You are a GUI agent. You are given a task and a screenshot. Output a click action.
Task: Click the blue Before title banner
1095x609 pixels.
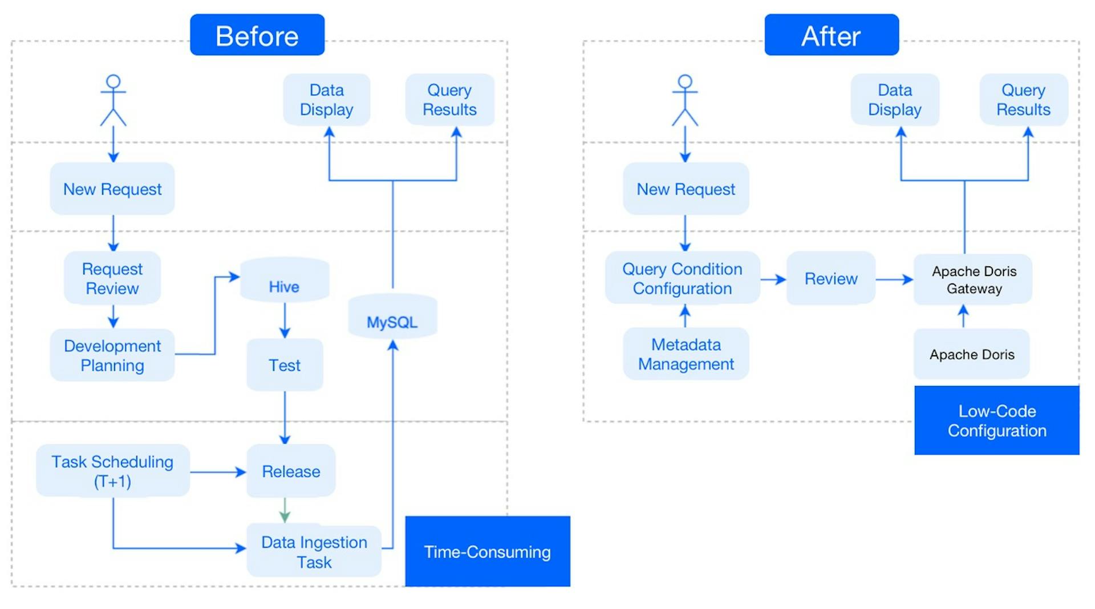pyautogui.click(x=257, y=35)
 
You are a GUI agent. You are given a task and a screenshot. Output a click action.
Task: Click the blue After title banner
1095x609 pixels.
pyautogui.click(x=832, y=35)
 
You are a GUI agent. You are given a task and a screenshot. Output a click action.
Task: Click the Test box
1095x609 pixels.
pyautogui.click(x=285, y=365)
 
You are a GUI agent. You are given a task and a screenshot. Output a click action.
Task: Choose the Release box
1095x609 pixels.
pyautogui.click(x=291, y=471)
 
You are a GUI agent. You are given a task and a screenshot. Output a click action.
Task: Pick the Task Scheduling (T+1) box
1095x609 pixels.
pyautogui.click(x=112, y=471)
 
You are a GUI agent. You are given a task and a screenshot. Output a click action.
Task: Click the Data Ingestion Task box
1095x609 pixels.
pyautogui.click(x=314, y=551)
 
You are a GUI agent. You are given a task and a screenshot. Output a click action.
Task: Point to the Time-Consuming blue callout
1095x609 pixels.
pyautogui.click(x=488, y=551)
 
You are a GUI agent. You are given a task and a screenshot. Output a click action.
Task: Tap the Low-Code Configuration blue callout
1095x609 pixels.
pyautogui.click(x=997, y=420)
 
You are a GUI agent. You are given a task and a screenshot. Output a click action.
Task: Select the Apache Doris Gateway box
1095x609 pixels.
pyautogui.click(x=974, y=279)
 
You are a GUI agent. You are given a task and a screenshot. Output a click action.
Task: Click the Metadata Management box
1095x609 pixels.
pyautogui.click(x=686, y=354)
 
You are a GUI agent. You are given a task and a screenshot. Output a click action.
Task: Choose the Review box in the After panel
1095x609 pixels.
pyautogui.click(x=831, y=278)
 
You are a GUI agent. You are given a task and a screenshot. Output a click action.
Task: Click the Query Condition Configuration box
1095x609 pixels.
pyautogui.click(x=682, y=278)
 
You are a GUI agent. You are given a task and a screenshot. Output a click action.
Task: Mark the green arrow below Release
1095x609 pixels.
pyautogui.click(x=285, y=510)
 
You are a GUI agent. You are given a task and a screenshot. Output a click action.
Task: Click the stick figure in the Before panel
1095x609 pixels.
pyautogui.click(x=113, y=100)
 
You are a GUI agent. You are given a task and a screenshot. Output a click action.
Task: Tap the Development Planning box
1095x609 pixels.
pyautogui.click(x=112, y=355)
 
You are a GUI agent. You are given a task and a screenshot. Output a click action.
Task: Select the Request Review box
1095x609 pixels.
pyautogui.click(x=112, y=278)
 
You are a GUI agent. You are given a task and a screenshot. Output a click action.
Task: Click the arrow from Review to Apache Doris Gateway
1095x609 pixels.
pyautogui.click(x=894, y=279)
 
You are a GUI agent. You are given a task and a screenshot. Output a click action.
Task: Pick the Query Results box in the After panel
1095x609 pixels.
pyautogui.click(x=1023, y=100)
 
